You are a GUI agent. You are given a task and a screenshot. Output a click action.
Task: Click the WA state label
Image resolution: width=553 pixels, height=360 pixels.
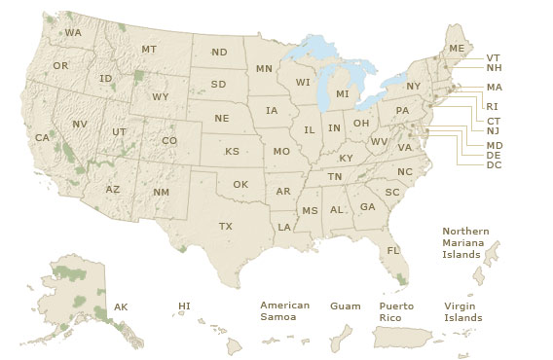[x=73, y=32]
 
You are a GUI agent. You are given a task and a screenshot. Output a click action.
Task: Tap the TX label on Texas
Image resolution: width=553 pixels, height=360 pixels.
[x=226, y=226]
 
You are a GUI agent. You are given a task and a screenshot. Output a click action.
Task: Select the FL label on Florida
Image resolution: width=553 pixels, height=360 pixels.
[x=393, y=250]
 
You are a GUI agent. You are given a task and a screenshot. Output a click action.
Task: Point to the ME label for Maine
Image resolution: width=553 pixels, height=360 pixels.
[x=456, y=48]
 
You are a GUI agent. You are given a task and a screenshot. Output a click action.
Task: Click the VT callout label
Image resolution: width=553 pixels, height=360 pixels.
[x=494, y=57]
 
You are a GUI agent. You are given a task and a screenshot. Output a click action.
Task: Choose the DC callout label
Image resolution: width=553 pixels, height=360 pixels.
[x=494, y=164]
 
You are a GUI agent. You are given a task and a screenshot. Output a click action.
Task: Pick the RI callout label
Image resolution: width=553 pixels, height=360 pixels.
[x=492, y=106]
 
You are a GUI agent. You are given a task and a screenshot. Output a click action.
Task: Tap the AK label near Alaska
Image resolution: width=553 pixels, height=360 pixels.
[x=121, y=306]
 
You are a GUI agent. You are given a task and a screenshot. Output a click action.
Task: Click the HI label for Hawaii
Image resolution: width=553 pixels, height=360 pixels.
[x=184, y=306]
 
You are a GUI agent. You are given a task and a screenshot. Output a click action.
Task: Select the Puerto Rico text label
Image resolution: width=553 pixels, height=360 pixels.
[x=396, y=311]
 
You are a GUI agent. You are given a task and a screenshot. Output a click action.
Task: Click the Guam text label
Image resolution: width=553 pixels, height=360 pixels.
[x=345, y=306]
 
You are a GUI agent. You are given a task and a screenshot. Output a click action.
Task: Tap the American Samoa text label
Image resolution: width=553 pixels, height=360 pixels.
[x=284, y=311]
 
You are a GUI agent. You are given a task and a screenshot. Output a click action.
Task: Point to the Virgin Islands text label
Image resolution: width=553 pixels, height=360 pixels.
[x=462, y=311]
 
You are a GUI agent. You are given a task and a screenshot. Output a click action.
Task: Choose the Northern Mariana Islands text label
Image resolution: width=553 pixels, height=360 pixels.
[x=465, y=242]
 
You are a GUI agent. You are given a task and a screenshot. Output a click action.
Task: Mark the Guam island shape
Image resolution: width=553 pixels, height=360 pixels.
[x=341, y=341]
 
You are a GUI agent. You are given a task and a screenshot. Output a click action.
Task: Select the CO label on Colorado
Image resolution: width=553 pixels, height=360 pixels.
[x=169, y=140]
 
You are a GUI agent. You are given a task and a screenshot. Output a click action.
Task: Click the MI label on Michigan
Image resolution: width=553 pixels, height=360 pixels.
[x=342, y=93]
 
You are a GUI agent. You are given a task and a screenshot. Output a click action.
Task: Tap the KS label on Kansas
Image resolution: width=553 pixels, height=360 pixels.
[x=232, y=152]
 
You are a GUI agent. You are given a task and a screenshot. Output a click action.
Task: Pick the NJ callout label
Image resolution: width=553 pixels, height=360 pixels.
[x=493, y=130]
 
